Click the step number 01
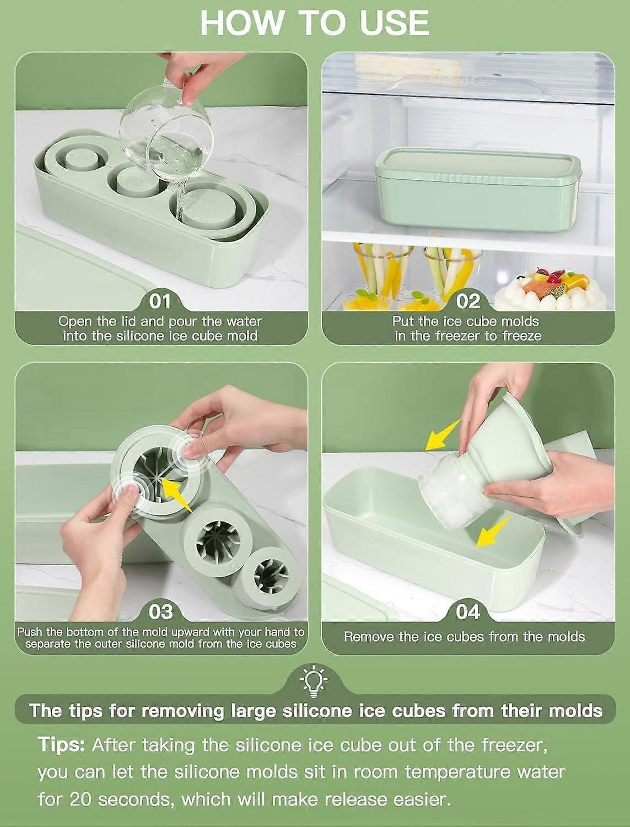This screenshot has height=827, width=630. point(159,302)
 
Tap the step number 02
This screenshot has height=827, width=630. point(468,302)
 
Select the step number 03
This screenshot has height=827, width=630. point(161,612)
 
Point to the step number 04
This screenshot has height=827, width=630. point(468,612)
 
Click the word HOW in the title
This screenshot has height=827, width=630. point(241,23)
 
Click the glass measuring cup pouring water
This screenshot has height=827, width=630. point(166,128)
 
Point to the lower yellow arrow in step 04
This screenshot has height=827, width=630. point(493,533)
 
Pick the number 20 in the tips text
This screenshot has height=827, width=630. point(80,800)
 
